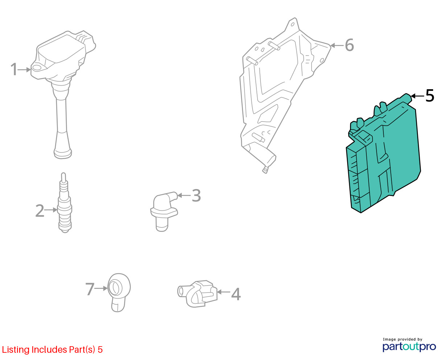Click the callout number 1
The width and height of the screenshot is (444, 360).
pyautogui.click(x=14, y=69)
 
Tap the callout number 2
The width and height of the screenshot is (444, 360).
pyautogui.click(x=40, y=210)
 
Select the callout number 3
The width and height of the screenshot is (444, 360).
pyautogui.click(x=196, y=196)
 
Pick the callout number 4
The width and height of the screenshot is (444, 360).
pyautogui.click(x=236, y=294)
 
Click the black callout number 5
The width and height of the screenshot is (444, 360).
pyautogui.click(x=429, y=96)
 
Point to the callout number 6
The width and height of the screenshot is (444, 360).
pyautogui.click(x=349, y=45)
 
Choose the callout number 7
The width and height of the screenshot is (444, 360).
pyautogui.click(x=90, y=289)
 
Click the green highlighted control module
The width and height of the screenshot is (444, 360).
pyautogui.click(x=383, y=154)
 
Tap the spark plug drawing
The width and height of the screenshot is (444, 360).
pyautogui.click(x=65, y=202)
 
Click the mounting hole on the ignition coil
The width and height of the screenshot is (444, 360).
pyautogui.click(x=37, y=67)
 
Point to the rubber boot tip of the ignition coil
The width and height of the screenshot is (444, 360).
pyautogui.click(x=62, y=153)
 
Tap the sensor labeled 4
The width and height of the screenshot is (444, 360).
pyautogui.click(x=197, y=294)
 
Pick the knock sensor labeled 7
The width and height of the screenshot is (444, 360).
pyautogui.click(x=119, y=292)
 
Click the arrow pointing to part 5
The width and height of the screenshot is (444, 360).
pyautogui.click(x=417, y=96)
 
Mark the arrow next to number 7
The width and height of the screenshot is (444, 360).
pyautogui.click(x=101, y=289)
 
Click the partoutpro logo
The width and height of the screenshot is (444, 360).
pyautogui.click(x=409, y=347)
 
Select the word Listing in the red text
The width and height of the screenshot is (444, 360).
pyautogui.click(x=16, y=350)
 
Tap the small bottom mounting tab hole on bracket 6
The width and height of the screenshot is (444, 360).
pyautogui.click(x=266, y=170)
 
